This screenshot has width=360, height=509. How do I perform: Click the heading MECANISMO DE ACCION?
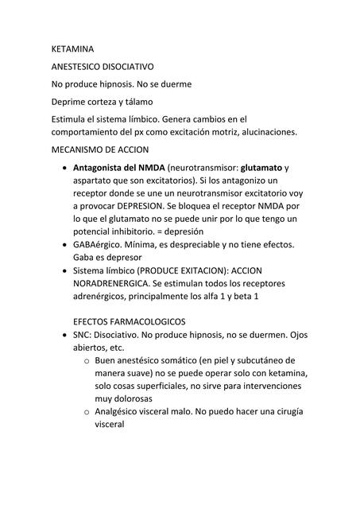100,150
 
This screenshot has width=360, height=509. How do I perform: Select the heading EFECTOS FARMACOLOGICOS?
129,321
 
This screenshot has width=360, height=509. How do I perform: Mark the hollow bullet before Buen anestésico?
85,361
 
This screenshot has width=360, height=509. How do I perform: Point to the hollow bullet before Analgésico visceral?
85,412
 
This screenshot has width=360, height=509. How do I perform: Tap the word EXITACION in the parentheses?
210,270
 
